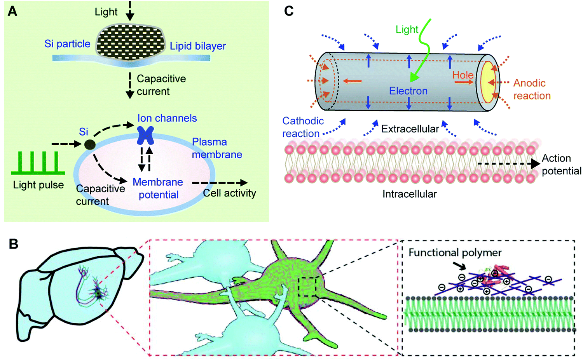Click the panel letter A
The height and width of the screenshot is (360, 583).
pos(12,11)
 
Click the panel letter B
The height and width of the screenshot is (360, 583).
pos(14,244)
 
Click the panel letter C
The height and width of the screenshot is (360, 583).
pos(288,11)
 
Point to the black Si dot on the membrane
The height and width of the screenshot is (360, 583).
pos(90,145)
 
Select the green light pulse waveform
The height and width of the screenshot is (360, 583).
pos(38,163)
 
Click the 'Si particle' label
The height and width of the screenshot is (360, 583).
pos(67,44)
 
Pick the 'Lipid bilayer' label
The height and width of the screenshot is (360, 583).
pos(198,46)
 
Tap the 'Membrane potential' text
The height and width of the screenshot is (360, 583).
pos(158,188)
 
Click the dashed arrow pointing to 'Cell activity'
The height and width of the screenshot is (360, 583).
pos(220,183)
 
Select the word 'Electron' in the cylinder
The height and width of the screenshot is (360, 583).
pos(408,91)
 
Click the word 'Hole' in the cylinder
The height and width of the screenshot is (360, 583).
pos(463,75)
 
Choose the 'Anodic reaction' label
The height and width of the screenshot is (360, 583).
pos(531,89)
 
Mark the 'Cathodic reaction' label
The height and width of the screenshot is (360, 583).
pos(303,127)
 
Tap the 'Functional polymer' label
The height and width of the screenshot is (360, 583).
pos(455,253)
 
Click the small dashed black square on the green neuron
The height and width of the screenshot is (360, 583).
pos(308,287)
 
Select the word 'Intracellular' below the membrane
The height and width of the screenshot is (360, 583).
pos(409,194)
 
